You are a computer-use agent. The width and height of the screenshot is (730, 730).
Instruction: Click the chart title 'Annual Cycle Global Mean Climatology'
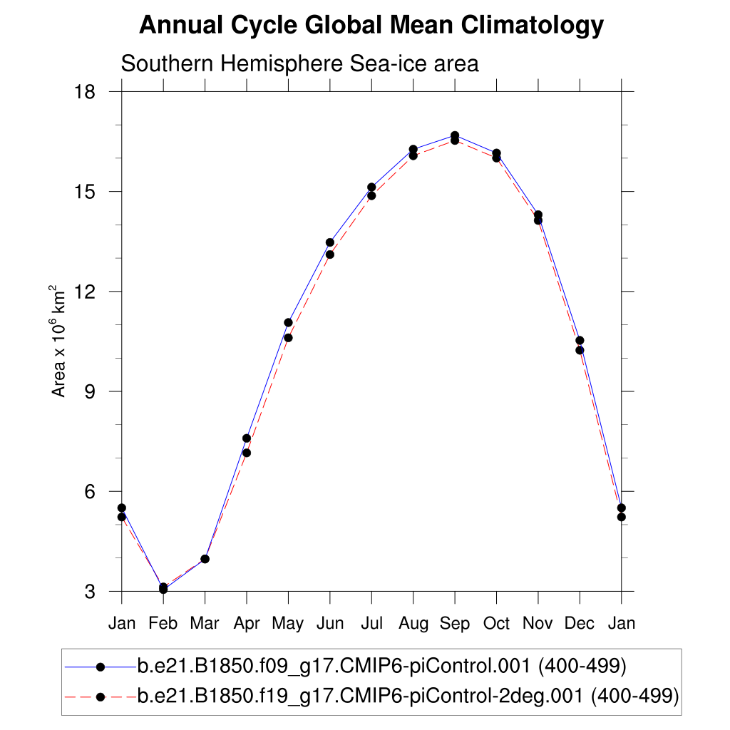[x=371, y=26]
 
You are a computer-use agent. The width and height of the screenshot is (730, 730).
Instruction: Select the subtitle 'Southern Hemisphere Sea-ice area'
[x=299, y=63]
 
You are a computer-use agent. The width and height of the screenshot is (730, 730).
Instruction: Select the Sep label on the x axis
[x=455, y=624]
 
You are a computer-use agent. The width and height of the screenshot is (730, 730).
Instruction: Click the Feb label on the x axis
[x=163, y=624]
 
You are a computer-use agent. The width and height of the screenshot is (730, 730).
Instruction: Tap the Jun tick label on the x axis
[x=329, y=624]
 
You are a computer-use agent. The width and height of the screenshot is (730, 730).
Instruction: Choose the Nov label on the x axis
[x=538, y=624]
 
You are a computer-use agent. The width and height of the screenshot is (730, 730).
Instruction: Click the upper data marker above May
[x=288, y=322]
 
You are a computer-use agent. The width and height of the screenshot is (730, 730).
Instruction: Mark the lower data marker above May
[x=288, y=338]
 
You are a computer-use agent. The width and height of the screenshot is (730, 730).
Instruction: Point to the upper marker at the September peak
[x=455, y=135]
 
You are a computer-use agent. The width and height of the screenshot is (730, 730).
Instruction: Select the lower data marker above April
[x=247, y=453]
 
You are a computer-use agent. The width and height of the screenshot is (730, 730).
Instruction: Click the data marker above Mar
[x=205, y=559]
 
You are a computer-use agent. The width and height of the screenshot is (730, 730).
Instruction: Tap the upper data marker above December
[x=580, y=340]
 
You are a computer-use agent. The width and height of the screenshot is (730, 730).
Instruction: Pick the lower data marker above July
[x=371, y=195]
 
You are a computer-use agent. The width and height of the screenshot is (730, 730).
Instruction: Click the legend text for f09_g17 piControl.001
[x=381, y=667]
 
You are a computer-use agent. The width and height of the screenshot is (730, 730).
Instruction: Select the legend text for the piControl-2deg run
[x=406, y=694]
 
